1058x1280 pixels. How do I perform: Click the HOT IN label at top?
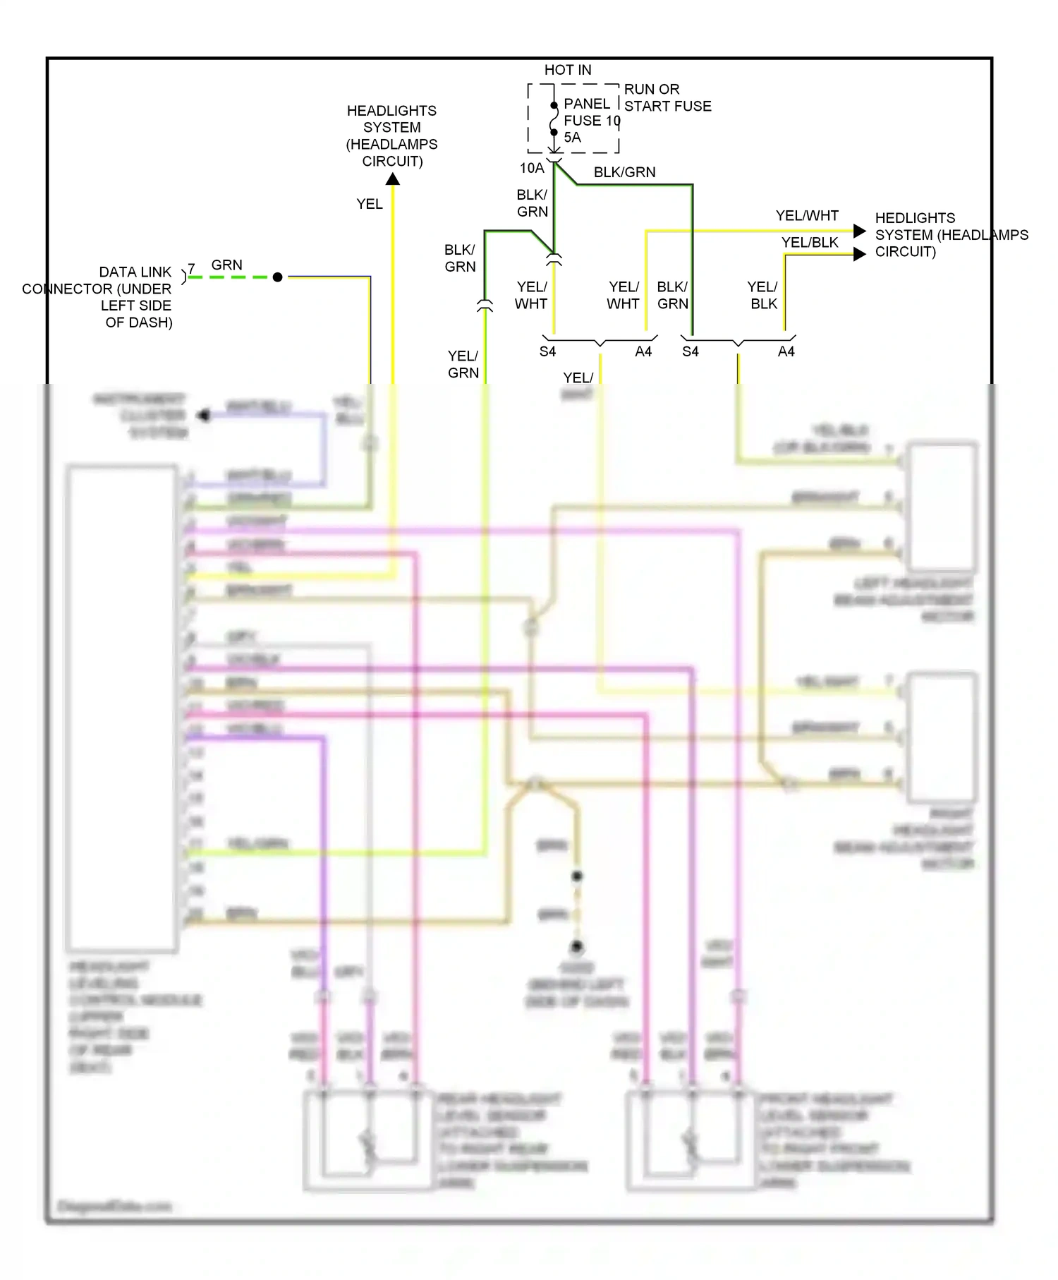coord(567,70)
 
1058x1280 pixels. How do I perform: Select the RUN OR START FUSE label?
coord(667,97)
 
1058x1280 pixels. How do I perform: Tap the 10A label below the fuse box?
coord(532,168)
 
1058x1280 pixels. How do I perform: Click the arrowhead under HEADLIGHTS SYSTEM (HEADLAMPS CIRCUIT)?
coord(393,179)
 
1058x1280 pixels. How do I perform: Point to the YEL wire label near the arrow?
coord(369,204)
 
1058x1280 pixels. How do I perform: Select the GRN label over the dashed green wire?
coord(226,265)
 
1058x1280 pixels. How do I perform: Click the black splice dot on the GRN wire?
coord(278,277)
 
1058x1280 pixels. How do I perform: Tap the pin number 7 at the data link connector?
coord(191,269)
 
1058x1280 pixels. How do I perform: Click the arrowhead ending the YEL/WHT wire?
coord(859,231)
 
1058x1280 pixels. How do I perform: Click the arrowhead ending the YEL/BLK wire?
coord(859,254)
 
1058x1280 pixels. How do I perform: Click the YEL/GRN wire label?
coord(463,364)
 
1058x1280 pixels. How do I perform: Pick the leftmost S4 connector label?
coord(547,351)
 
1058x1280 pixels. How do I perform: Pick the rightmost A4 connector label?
coord(786,351)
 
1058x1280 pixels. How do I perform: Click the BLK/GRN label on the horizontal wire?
coord(624,172)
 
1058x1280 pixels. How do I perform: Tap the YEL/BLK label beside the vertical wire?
coord(763,295)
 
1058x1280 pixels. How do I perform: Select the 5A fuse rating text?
coord(572,138)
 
